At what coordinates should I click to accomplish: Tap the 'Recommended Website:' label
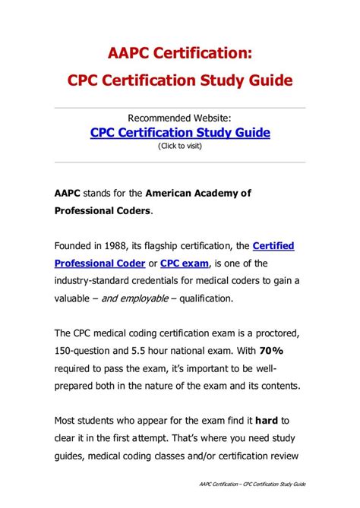click(x=179, y=118)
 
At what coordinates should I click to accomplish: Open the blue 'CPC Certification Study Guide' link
click(x=180, y=132)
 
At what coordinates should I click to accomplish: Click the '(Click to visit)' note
click(x=180, y=146)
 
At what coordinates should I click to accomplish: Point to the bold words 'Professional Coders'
click(x=103, y=210)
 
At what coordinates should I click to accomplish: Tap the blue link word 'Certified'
click(x=273, y=246)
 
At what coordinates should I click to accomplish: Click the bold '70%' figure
click(x=270, y=352)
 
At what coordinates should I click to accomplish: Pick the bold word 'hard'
click(x=266, y=420)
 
